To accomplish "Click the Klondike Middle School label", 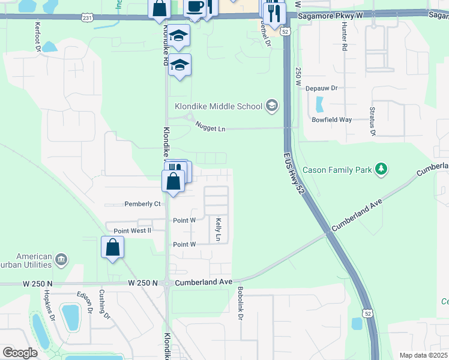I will click(x=218, y=106).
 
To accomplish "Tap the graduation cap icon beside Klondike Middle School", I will click(x=272, y=106).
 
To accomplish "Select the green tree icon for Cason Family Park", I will click(x=381, y=170).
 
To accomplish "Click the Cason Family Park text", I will click(x=336, y=170).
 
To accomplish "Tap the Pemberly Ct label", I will click(x=142, y=204).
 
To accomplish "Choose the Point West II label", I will click(x=132, y=230).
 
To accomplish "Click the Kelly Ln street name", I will click(x=218, y=230).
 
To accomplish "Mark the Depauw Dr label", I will click(x=322, y=88).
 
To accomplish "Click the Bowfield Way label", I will click(x=331, y=119).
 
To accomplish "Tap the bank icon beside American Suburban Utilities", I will click(x=61, y=260).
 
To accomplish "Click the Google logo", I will click(x=20, y=352).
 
